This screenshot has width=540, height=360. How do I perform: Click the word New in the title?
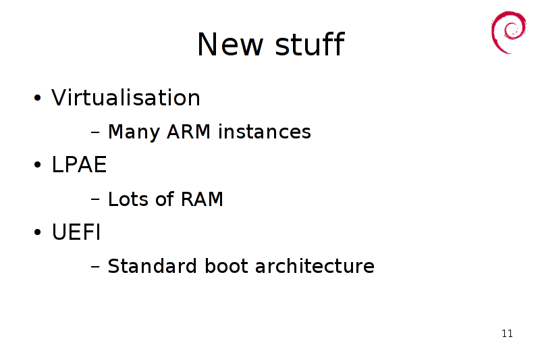[230, 44]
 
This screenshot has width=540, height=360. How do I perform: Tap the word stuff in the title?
[310, 43]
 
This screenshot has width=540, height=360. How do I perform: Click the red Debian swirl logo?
[509, 32]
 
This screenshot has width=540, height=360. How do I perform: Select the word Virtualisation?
[126, 97]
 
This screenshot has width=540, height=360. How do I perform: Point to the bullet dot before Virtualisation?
[38, 98]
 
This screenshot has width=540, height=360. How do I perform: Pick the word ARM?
[188, 132]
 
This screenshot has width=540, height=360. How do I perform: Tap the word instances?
[265, 132]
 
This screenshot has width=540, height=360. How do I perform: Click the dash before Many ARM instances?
[95, 132]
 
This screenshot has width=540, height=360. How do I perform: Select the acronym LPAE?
[79, 164]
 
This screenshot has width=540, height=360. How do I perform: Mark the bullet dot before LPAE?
[38, 165]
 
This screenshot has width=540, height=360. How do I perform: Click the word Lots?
[128, 199]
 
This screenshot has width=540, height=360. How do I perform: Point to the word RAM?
[202, 199]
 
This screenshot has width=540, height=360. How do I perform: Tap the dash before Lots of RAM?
[95, 199]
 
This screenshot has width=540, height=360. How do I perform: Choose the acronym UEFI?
[76, 232]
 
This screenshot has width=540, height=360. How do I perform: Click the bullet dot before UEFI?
[38, 232]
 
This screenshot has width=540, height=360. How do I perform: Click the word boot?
[226, 266]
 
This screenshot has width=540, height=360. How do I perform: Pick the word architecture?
[315, 266]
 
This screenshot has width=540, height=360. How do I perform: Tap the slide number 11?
[507, 334]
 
